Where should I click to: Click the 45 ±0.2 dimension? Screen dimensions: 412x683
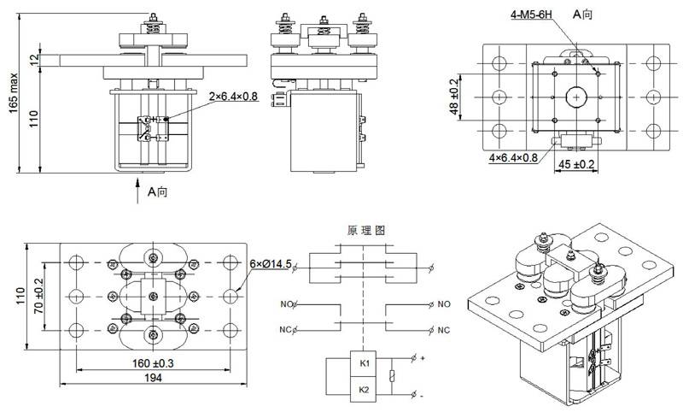(576, 163)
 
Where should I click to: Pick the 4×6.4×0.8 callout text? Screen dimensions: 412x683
(512, 158)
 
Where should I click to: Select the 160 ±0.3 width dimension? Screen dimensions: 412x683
(151, 362)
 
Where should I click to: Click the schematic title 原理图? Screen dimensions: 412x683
(367, 231)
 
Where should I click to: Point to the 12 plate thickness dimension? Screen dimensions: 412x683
(34, 59)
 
